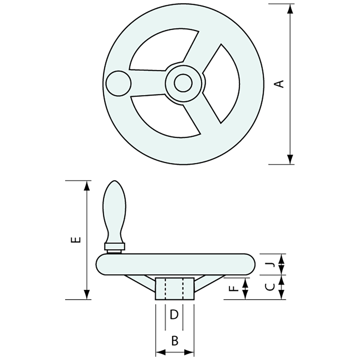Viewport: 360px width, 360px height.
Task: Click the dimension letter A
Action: (279, 83)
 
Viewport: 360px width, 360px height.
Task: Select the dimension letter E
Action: (76, 240)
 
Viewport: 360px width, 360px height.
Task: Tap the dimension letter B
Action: (175, 341)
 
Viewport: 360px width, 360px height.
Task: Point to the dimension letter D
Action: (174, 315)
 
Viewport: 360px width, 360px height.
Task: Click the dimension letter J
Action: (271, 264)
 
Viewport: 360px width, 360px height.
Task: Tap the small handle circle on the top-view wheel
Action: (118, 83)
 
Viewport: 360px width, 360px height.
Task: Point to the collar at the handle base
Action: (114, 246)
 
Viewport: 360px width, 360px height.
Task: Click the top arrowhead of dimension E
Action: (87, 186)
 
